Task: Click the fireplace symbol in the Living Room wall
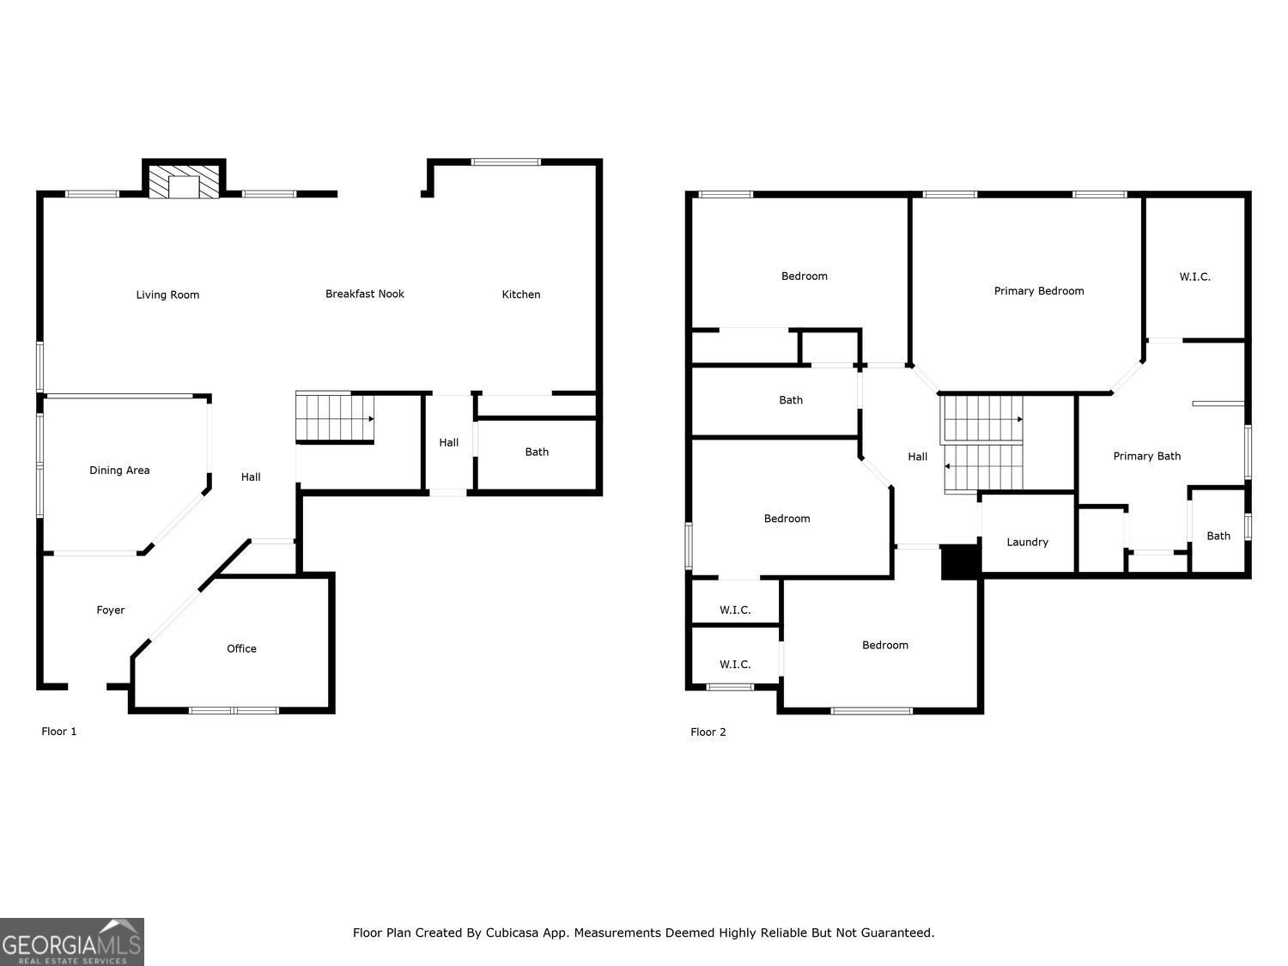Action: (x=184, y=182)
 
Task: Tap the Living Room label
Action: (x=167, y=295)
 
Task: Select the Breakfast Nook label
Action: (x=364, y=294)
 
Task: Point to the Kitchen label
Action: (x=521, y=295)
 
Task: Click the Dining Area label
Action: (x=119, y=470)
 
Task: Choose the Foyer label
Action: (x=110, y=610)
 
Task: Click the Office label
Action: (x=241, y=648)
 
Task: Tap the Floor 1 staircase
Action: (x=335, y=417)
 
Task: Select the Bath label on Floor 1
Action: (x=537, y=452)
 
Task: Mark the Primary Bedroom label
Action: (x=1039, y=290)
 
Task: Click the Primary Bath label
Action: (x=1146, y=456)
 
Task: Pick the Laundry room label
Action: (x=1027, y=542)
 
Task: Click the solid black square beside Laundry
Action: (x=961, y=562)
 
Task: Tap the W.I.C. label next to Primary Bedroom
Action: (x=1194, y=276)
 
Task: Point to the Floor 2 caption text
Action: (x=708, y=732)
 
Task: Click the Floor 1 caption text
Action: (x=59, y=732)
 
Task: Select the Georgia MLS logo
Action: (x=72, y=942)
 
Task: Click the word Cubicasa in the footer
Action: (x=513, y=933)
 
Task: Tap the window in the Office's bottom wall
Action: (x=234, y=710)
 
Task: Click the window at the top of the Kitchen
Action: (x=506, y=161)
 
